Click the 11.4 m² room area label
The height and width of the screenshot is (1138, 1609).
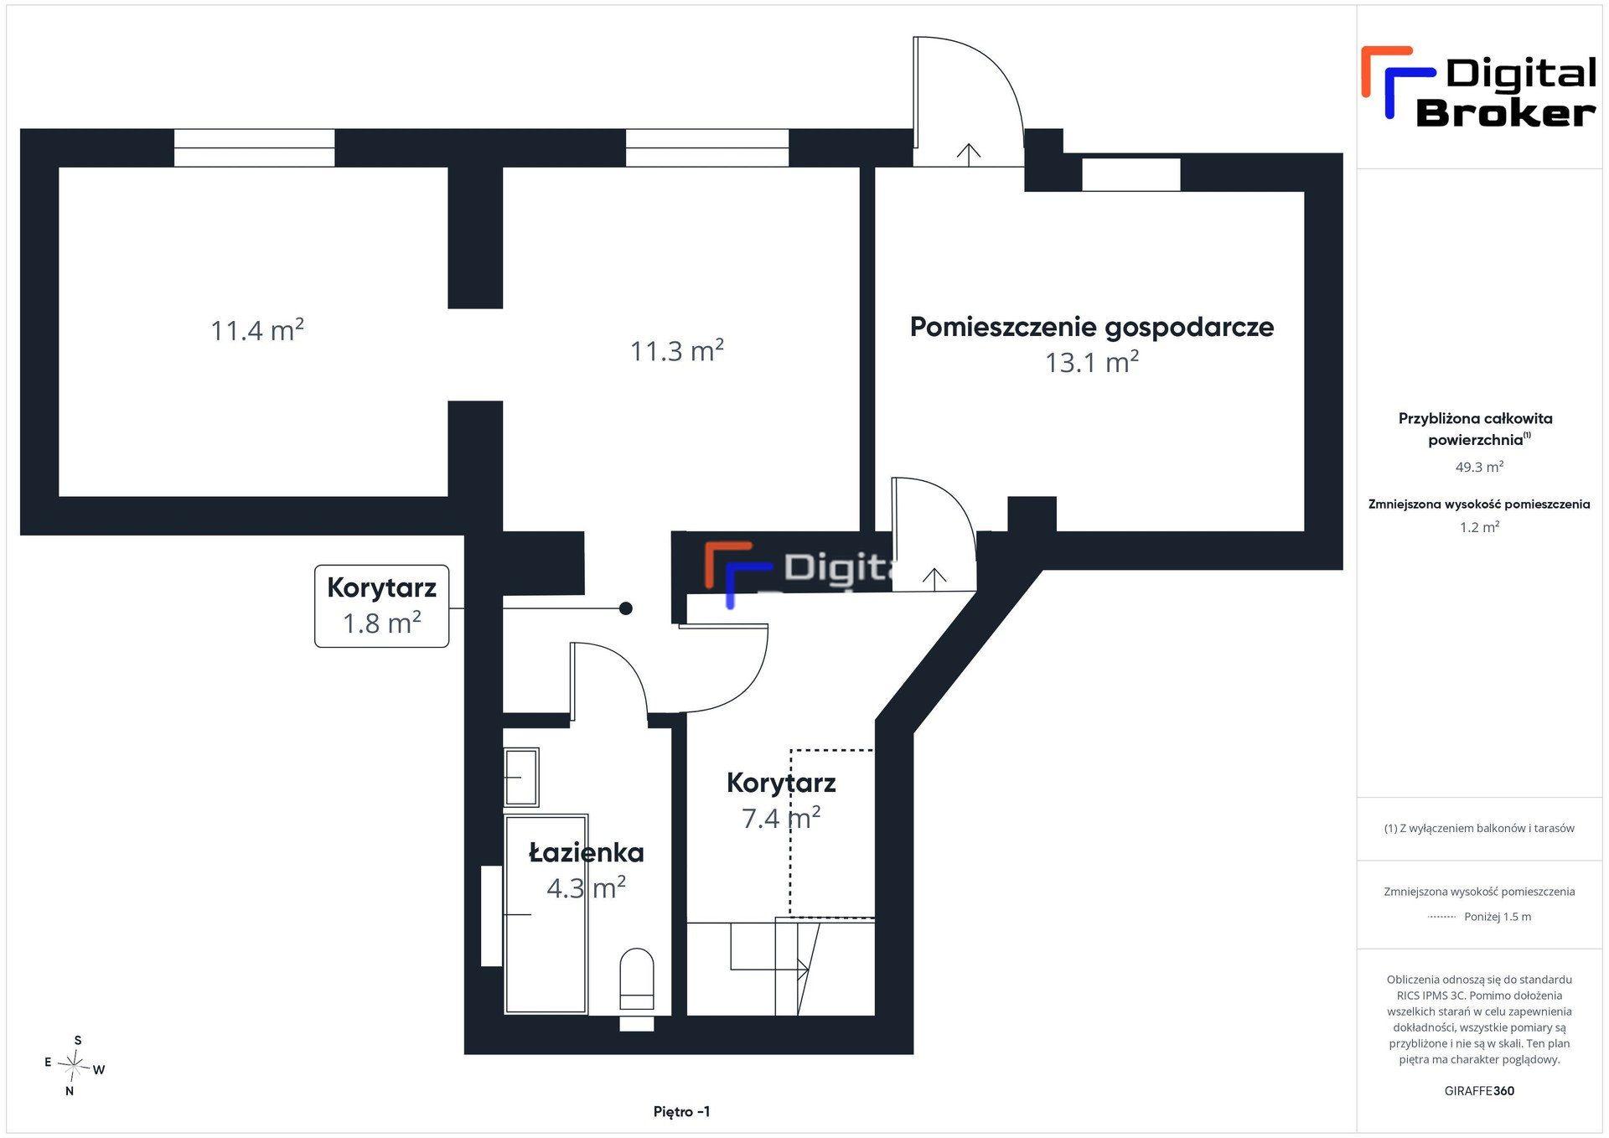pos(257,330)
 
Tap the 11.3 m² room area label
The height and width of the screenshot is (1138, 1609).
pos(677,350)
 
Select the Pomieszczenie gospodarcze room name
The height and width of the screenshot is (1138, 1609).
pos(1092,327)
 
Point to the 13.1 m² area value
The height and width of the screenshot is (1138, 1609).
pos(1092,362)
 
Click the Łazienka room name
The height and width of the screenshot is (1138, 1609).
pos(587,852)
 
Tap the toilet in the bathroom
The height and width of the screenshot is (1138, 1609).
pos(637,979)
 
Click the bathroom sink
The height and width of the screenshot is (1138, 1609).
pos(520,778)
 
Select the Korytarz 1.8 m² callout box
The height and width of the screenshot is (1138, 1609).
pos(381,606)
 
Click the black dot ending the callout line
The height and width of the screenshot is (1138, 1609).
pos(625,608)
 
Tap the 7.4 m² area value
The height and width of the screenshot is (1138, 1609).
pos(781,817)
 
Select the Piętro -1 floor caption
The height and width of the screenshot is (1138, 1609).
pos(682,1111)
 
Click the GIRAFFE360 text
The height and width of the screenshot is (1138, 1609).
pos(1479,1091)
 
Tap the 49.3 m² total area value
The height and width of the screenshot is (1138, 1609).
pos(1479,467)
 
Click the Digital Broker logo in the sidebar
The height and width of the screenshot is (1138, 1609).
pos(1479,86)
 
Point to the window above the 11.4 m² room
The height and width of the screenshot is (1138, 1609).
pos(254,147)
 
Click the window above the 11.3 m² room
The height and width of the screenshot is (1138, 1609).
pos(707,147)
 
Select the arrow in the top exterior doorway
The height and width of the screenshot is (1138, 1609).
pos(969,155)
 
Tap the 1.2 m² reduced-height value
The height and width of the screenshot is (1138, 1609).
pos(1479,527)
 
